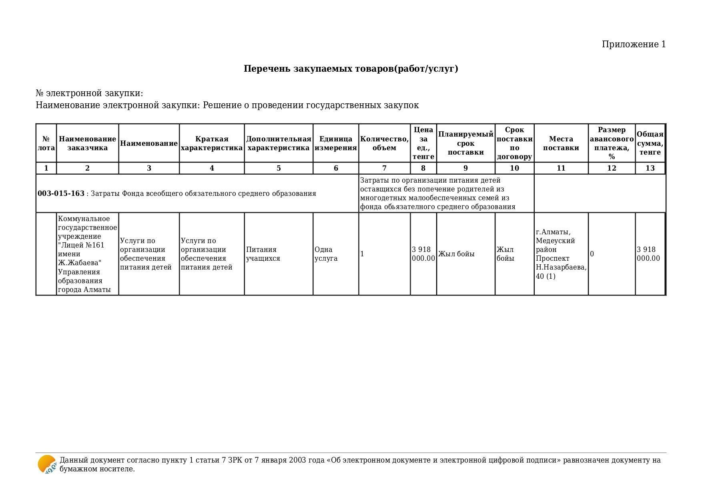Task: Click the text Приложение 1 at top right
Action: (634, 44)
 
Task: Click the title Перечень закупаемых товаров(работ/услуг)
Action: (351, 69)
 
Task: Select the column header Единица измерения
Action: (335, 143)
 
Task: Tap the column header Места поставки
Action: (561, 143)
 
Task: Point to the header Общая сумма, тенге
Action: (650, 143)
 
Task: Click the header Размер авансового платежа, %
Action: (612, 143)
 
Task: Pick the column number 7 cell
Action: (384, 168)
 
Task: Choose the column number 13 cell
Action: (650, 168)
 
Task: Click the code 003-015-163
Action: (61, 194)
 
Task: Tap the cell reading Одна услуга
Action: (326, 254)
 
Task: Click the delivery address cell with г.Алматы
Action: (561, 254)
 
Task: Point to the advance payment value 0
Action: (592, 254)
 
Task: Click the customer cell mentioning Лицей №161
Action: (87, 254)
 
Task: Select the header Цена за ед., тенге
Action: (423, 143)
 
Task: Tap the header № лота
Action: (46, 143)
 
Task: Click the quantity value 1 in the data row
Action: (362, 254)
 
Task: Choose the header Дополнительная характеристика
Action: (278, 143)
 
